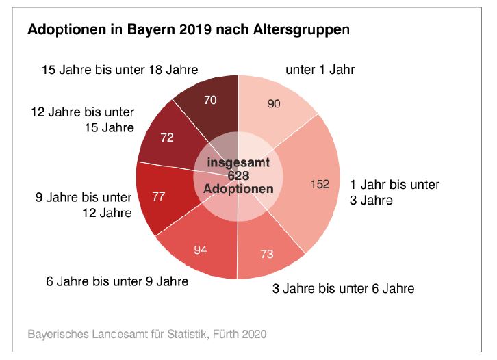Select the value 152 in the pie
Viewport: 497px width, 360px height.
(x=320, y=184)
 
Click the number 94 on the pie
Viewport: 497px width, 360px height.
(x=201, y=249)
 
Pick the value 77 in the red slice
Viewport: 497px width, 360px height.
(x=159, y=197)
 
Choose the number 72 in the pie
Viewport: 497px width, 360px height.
(x=166, y=138)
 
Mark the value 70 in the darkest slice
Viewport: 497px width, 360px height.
(x=210, y=100)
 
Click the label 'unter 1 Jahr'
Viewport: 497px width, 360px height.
(x=320, y=70)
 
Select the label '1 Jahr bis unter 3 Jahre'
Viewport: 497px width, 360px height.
(x=394, y=192)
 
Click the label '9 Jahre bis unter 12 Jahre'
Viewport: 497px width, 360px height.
(x=84, y=205)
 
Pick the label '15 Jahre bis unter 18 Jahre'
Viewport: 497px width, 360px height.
(x=120, y=70)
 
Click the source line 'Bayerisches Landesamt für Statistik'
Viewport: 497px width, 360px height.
(x=117, y=335)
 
